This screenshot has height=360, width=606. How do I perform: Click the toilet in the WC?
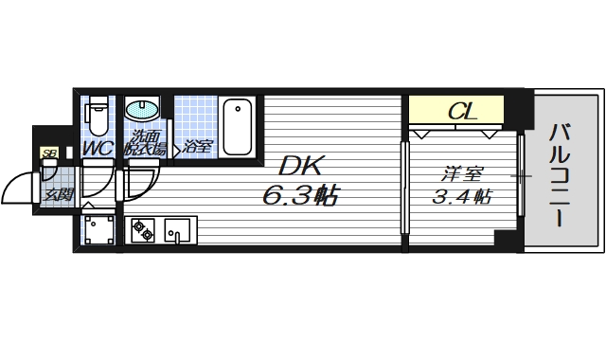coord(97,117)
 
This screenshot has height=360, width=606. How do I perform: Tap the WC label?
coord(98,149)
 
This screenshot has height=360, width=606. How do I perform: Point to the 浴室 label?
coord(197,147)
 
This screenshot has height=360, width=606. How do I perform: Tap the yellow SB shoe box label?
coord(47,152)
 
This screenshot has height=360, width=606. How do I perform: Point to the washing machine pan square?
coord(98,230)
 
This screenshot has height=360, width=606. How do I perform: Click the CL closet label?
coord(461,112)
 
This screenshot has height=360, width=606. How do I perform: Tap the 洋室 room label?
coord(461,173)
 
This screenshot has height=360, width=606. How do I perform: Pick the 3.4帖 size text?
coord(461,197)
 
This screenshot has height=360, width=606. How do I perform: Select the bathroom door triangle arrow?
coord(176,149)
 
